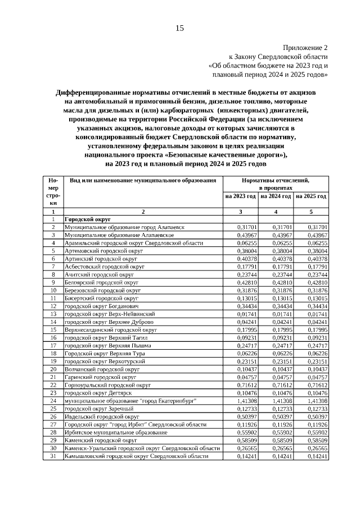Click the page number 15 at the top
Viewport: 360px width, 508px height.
coord(179,28)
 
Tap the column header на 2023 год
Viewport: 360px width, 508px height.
coord(241,196)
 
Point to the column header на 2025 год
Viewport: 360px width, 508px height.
coord(311,196)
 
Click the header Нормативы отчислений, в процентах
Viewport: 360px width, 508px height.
coord(276,184)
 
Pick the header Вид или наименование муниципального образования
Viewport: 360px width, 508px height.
coord(143,180)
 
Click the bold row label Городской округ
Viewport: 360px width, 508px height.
coord(87,219)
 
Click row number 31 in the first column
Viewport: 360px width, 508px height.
coord(53,456)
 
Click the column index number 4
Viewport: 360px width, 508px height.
coord(276,212)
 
